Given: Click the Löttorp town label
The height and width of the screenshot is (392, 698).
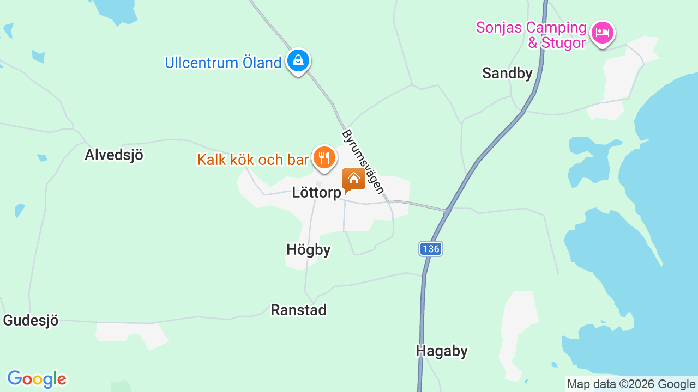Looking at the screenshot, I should (316, 193).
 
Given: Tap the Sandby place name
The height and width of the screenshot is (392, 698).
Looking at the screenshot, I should (507, 73).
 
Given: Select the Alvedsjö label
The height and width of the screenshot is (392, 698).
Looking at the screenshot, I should (114, 155).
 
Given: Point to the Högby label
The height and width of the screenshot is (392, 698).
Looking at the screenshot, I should (309, 250).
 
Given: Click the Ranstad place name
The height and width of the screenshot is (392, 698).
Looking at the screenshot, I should (298, 310).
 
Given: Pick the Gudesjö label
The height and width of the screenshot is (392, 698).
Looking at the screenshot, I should (31, 321).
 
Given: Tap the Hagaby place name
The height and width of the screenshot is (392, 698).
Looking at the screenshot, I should (442, 351).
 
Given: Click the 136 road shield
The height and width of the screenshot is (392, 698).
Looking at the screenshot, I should (430, 249).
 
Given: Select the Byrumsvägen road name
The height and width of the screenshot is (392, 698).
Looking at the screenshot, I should (363, 161).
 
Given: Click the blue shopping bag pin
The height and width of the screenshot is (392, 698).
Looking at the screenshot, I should (298, 60).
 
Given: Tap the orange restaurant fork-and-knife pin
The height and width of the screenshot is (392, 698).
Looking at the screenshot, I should (324, 158).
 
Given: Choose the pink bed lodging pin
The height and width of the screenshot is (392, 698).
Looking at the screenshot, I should (602, 33).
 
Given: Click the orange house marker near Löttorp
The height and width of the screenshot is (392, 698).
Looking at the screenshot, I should (353, 179).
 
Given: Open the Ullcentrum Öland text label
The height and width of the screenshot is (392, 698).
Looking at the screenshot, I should (223, 63).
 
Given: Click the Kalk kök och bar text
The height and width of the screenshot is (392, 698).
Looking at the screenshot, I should (253, 160).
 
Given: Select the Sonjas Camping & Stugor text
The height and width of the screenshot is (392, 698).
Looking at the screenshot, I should (531, 35).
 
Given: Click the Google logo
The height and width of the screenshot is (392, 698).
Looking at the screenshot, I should (37, 379).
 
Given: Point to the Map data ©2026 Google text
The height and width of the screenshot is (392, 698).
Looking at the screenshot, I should (631, 384).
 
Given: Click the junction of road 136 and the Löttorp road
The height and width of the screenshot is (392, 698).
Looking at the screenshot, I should (447, 210).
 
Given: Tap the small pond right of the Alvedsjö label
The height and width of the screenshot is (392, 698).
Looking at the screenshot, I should (42, 158).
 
